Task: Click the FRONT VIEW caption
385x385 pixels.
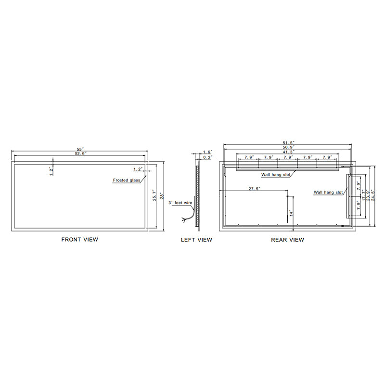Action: [79, 239]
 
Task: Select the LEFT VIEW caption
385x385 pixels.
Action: [196, 240]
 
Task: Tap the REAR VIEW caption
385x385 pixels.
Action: [287, 240]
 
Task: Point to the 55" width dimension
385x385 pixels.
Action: [80, 149]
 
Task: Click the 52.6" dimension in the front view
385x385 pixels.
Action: [81, 154]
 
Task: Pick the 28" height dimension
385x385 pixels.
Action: [162, 196]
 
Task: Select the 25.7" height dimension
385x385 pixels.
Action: [154, 195]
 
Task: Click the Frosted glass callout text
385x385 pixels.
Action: [127, 180]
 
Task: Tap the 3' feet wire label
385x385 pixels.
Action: [180, 203]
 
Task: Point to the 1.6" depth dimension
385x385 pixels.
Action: [208, 152]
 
